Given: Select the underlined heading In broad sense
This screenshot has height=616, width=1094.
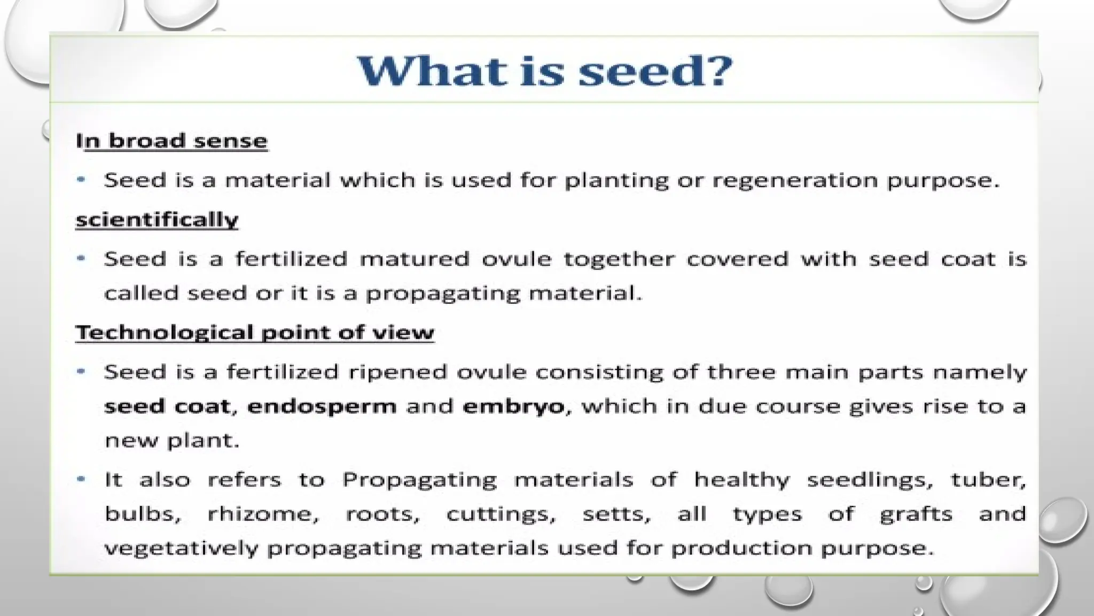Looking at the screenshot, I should pyautogui.click(x=171, y=141).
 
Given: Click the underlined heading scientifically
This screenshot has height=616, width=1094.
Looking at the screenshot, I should pyautogui.click(x=157, y=220).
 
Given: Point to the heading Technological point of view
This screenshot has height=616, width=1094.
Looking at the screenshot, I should pyautogui.click(x=255, y=333).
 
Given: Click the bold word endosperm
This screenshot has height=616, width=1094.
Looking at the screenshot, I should pyautogui.click(x=322, y=406).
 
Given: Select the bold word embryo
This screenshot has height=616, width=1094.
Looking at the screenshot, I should pyautogui.click(x=513, y=406).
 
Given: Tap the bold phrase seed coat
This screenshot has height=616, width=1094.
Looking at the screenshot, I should pyautogui.click(x=167, y=406).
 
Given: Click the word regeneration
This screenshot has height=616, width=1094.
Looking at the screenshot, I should pyautogui.click(x=795, y=180).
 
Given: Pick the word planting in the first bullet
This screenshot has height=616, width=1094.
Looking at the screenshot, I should pyautogui.click(x=616, y=180).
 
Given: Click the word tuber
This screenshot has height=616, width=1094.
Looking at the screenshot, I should pyautogui.click(x=988, y=479).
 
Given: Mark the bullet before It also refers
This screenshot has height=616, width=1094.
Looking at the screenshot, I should pyautogui.click(x=81, y=479).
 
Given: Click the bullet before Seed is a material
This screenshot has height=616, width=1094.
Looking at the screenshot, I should pyautogui.click(x=81, y=180).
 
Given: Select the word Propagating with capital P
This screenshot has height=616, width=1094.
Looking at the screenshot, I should pyautogui.click(x=419, y=480).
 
